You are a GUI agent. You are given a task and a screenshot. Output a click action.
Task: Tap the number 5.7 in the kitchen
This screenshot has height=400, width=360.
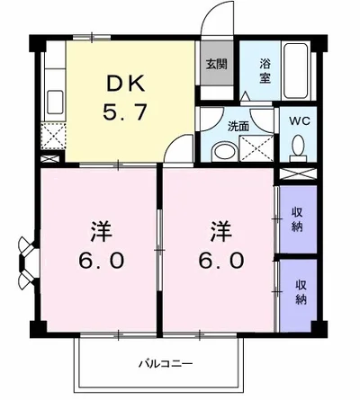click(125, 111)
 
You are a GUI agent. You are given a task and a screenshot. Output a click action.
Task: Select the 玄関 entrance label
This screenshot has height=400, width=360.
click(216, 64)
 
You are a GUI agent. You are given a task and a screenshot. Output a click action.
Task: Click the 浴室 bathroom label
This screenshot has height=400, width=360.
click(265, 71)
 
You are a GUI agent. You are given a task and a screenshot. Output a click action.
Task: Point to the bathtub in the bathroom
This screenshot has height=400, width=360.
click(296, 71)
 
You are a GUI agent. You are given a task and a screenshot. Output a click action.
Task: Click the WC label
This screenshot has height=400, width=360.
click(299, 121)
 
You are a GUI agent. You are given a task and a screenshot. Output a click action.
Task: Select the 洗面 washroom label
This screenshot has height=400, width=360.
click(238, 127)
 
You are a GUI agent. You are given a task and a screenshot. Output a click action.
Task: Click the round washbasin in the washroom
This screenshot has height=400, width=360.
click(225, 152)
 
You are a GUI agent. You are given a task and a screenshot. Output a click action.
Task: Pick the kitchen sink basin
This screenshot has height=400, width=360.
click(55, 102)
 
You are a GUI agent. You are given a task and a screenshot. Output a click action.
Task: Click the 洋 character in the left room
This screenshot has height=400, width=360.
click(101, 232)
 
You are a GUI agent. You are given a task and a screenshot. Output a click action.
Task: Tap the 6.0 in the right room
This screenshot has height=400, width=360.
click(222, 261)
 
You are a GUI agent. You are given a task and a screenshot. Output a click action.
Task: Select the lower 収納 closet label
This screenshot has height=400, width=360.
click(301, 293)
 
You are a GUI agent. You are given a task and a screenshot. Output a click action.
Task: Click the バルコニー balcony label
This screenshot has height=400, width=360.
click(166, 364)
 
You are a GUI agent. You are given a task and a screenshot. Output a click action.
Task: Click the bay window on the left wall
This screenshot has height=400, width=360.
click(28, 259)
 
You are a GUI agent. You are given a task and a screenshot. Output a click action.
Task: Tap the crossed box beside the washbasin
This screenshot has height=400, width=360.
click(256, 148)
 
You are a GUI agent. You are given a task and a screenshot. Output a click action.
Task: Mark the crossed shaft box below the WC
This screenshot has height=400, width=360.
click(298, 174)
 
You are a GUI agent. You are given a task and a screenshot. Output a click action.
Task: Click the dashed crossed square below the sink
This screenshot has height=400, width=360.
click(53, 136)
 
